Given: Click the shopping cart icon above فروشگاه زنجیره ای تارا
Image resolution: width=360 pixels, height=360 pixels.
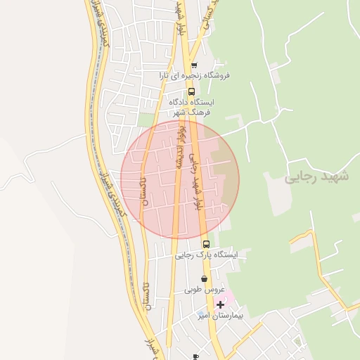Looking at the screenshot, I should (x=194, y=65).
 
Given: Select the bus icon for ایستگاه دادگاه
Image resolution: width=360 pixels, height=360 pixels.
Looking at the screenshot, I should (x=191, y=91).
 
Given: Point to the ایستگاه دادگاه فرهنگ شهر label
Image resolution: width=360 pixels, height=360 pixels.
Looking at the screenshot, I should (x=192, y=107).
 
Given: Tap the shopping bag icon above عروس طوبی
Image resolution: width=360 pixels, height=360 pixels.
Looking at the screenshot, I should (x=204, y=279).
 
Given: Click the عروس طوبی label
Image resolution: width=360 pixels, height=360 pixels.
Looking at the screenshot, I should (x=204, y=290).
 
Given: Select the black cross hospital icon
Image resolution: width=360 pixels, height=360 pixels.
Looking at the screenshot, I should (x=221, y=304).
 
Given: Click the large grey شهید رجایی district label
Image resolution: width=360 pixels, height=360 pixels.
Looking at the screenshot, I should (x=316, y=176).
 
